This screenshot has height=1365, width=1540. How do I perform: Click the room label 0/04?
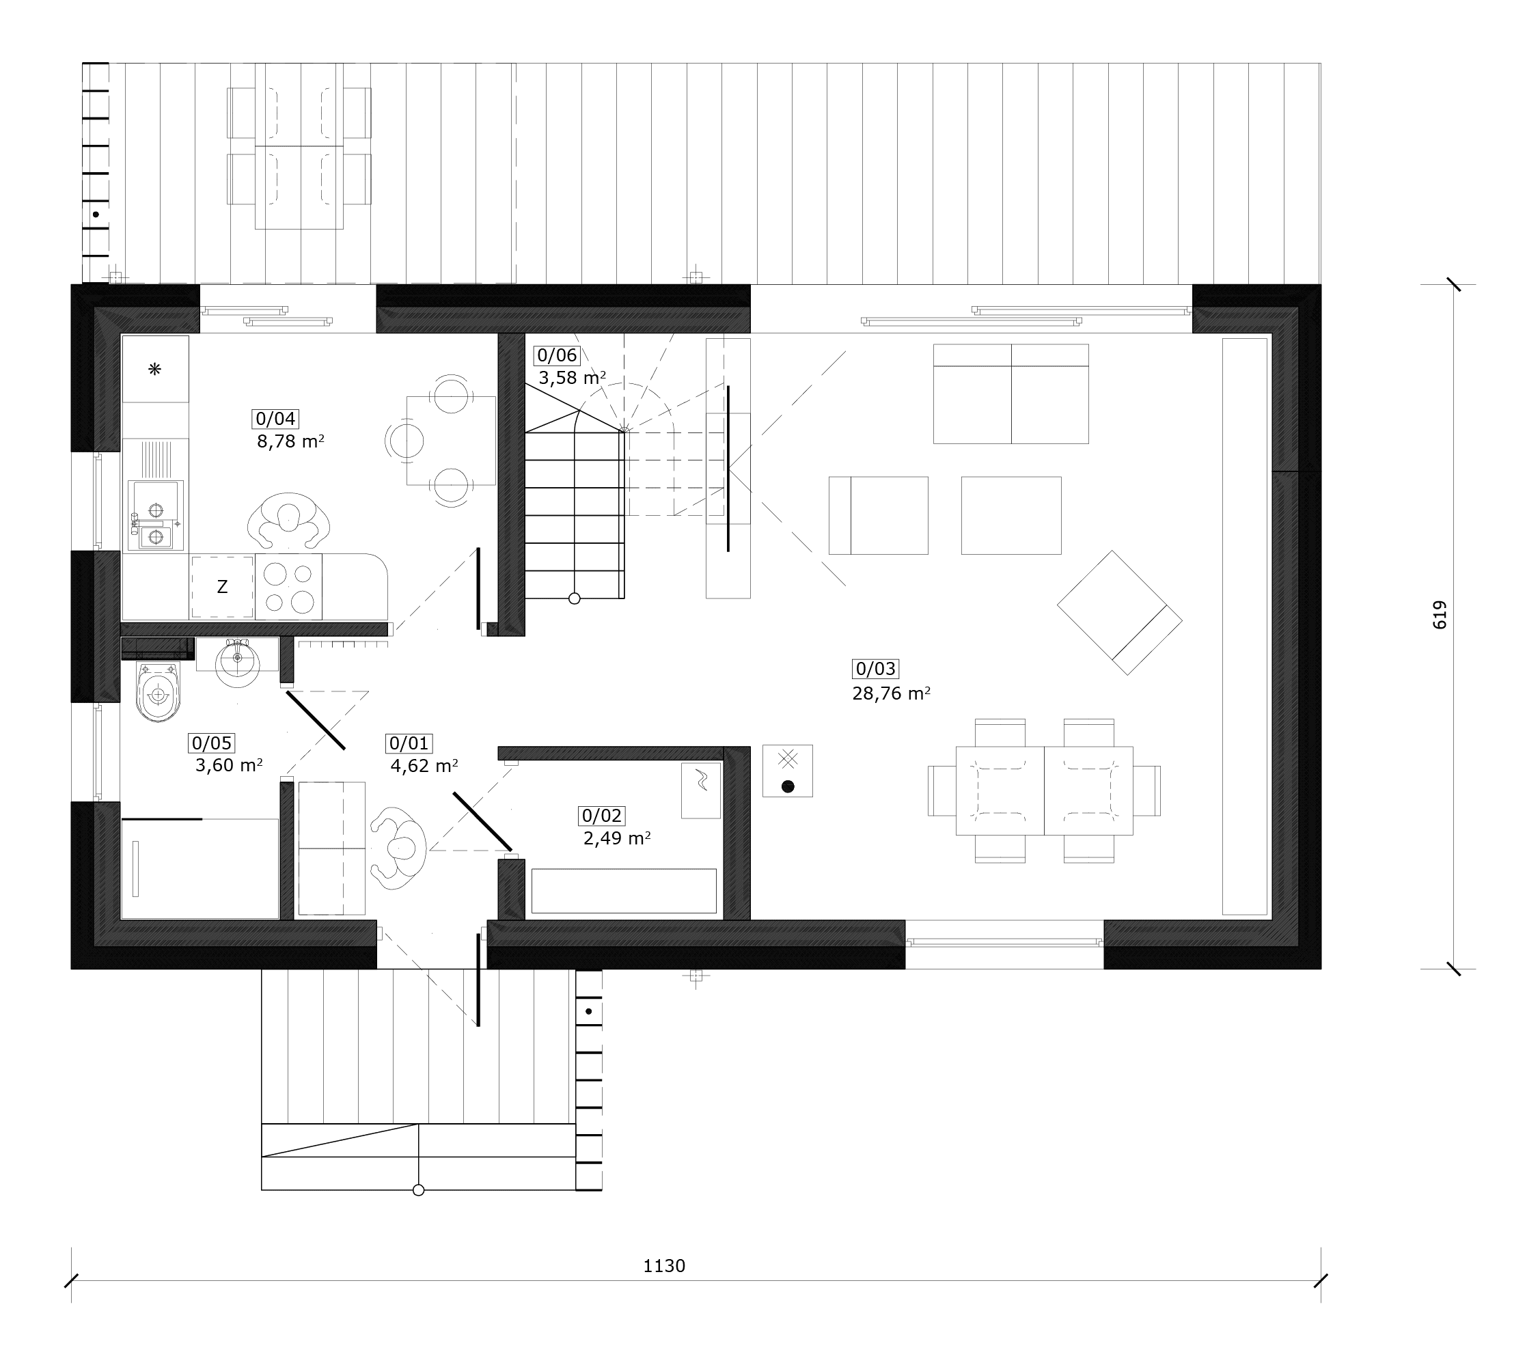click(x=276, y=419)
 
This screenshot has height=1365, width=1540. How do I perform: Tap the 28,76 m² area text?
click(x=892, y=693)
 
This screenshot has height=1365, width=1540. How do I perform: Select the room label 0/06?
click(x=557, y=355)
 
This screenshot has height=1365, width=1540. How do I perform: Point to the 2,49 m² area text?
click(x=617, y=838)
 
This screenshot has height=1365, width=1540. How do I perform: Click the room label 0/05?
click(x=212, y=743)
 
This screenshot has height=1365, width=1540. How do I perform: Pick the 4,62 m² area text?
click(x=424, y=766)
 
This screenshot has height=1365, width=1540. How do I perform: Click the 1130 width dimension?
click(x=664, y=1267)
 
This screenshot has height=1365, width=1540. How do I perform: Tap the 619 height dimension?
click(x=1439, y=615)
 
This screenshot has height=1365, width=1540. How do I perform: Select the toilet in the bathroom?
click(x=159, y=691)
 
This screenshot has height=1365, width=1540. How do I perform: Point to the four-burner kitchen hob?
click(x=288, y=587)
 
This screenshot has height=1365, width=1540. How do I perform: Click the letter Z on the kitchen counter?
click(x=222, y=587)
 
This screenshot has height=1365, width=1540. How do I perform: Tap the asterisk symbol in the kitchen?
click(x=154, y=369)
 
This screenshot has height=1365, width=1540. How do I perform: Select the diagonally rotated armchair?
click(x=1120, y=612)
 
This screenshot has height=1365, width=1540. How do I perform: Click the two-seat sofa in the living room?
click(x=1011, y=394)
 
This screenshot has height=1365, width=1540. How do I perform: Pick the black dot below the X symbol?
click(x=788, y=786)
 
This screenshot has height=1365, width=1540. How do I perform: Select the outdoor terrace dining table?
click(x=299, y=146)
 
